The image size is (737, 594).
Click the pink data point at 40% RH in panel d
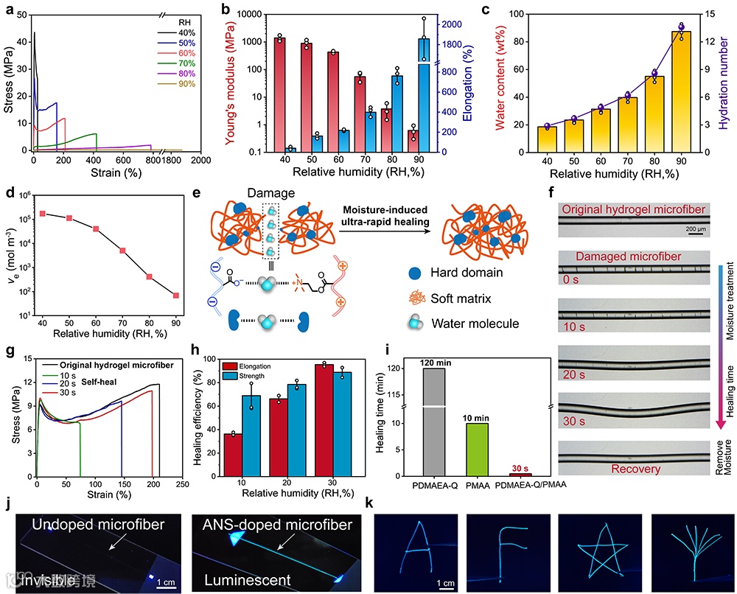tap(43, 214)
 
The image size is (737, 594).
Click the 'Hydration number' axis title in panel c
tap(727, 77)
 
